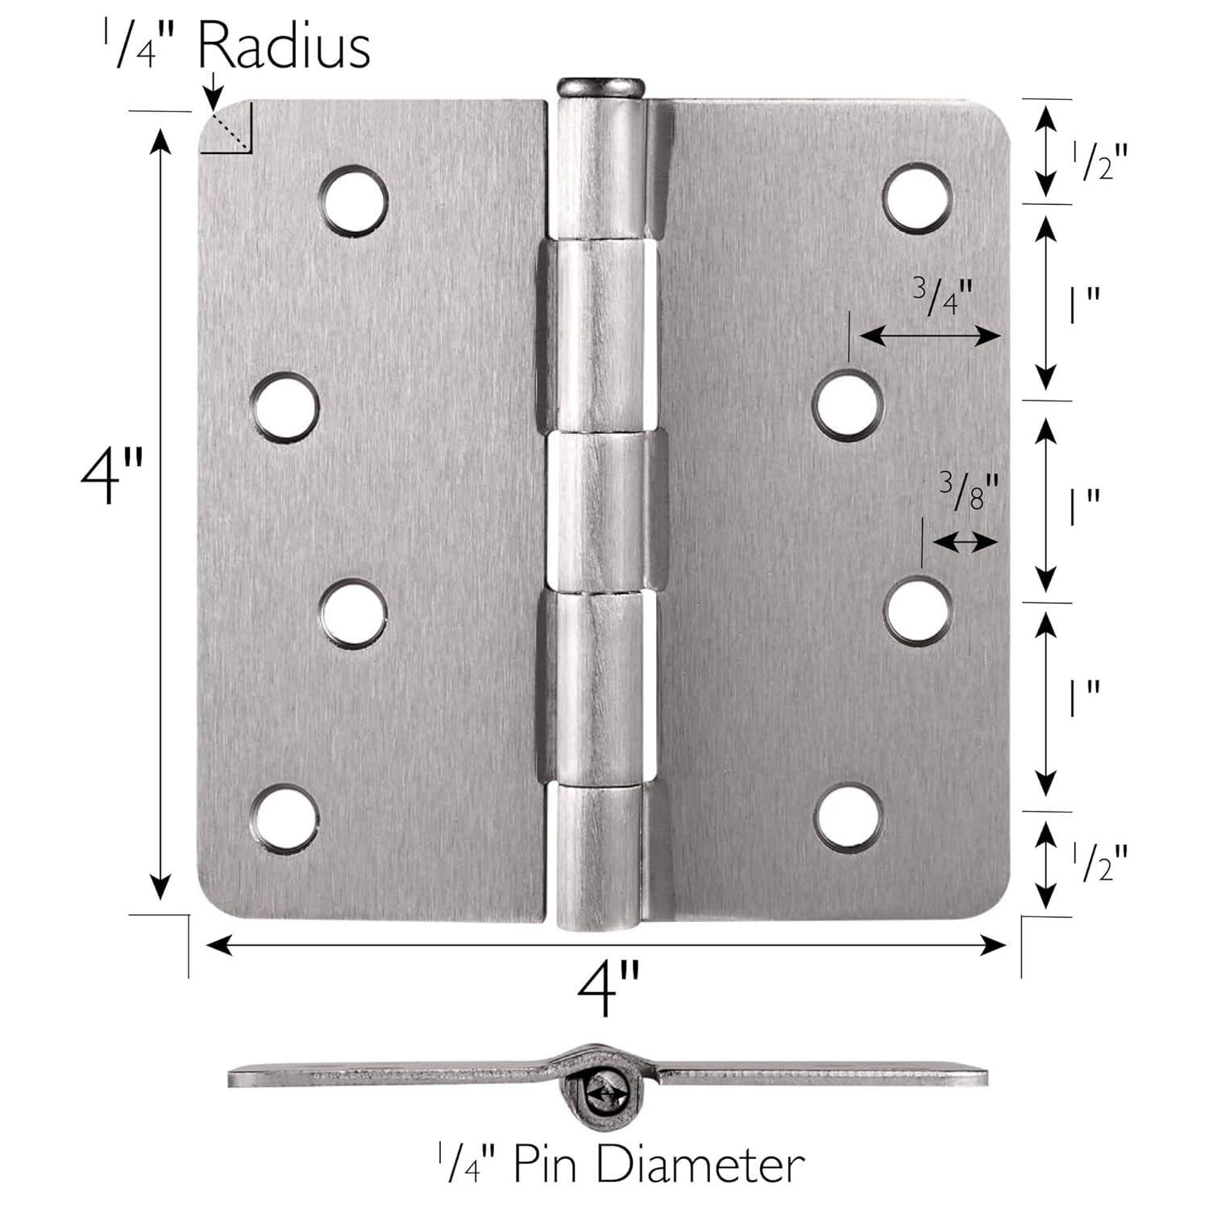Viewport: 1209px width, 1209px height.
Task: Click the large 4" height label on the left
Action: [x=113, y=478]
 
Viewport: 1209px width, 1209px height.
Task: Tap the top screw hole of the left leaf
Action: [x=353, y=201]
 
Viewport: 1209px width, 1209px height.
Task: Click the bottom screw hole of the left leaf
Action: [x=285, y=817]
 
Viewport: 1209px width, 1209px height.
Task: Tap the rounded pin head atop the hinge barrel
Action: [x=600, y=86]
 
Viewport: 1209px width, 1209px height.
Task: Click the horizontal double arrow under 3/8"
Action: [x=965, y=542]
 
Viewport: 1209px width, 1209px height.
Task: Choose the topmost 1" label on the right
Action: [x=1084, y=306]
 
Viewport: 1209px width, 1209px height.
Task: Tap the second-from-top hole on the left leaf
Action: [x=285, y=407]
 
